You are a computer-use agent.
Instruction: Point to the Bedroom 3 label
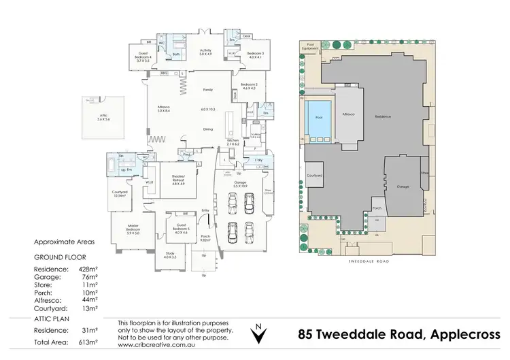click(x=255, y=54)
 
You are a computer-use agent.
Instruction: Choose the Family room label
click(x=207, y=90)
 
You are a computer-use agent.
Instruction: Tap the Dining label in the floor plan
click(x=209, y=129)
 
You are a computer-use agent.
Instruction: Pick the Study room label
click(x=169, y=255)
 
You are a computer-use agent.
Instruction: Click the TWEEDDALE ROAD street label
click(x=367, y=259)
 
